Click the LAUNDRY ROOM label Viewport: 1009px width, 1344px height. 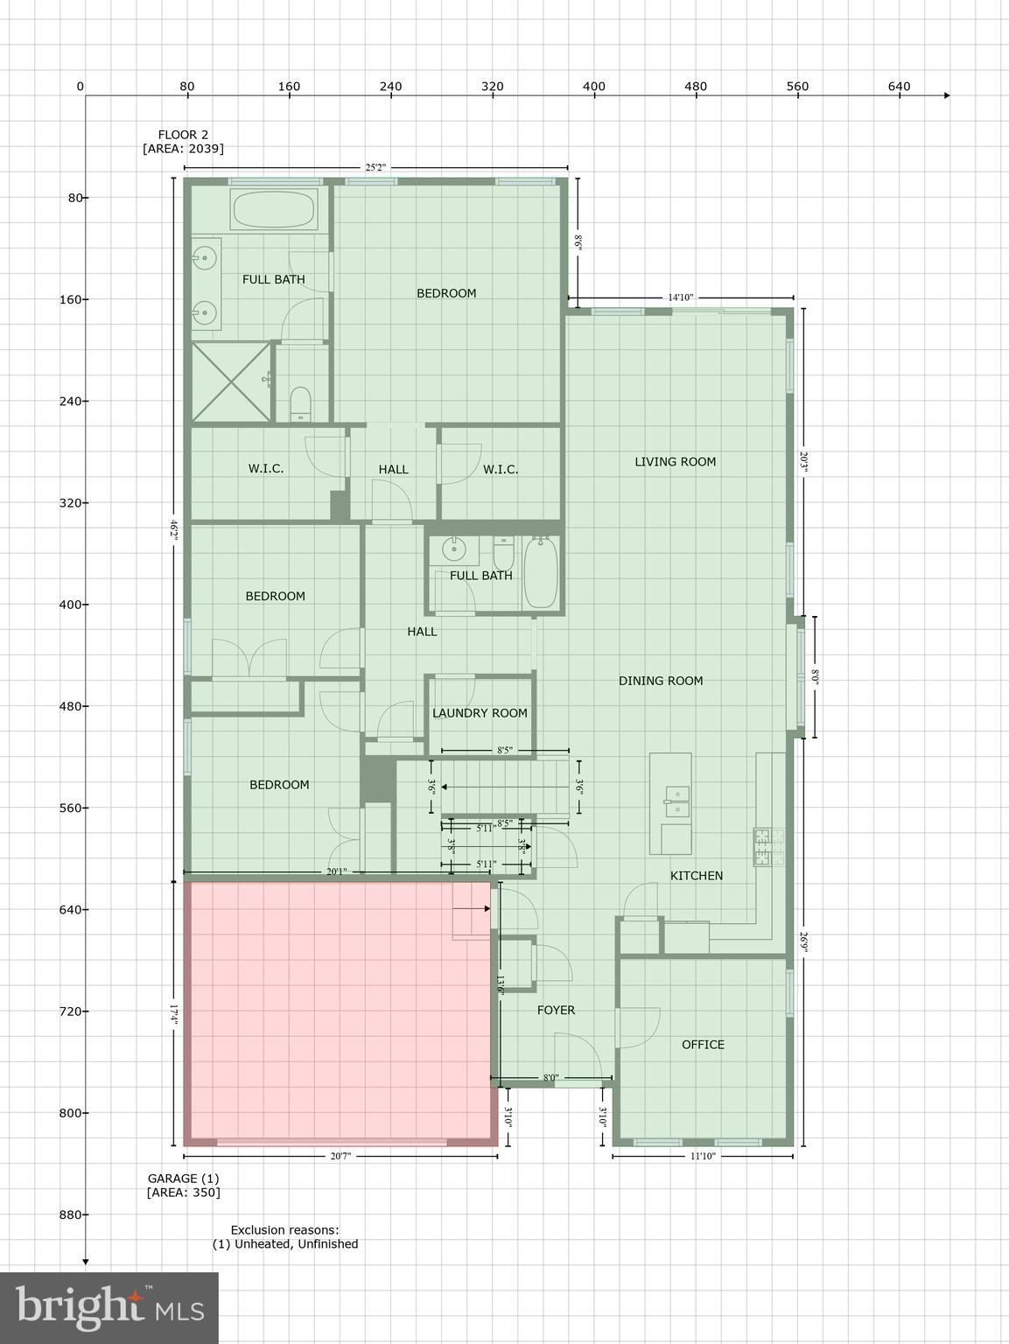tap(480, 713)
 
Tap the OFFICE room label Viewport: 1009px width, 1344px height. tap(703, 1044)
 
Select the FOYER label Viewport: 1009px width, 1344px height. tap(556, 1010)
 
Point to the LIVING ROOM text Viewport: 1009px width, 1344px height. tap(675, 462)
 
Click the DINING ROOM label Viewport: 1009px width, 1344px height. tap(661, 681)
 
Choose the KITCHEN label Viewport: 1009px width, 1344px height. tap(697, 876)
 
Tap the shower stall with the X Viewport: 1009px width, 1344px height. tap(232, 381)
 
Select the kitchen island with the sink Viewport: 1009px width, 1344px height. tap(670, 803)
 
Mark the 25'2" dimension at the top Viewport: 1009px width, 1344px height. tap(375, 167)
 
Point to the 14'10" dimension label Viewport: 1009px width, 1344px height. tap(680, 297)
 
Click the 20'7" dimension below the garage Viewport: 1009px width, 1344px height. tap(340, 1156)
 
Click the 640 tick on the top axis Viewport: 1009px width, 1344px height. tap(899, 87)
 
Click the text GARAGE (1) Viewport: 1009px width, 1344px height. tap(183, 1179)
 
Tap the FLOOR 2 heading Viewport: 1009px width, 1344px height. tap(183, 135)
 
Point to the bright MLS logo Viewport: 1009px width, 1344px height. tap(109, 1307)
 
